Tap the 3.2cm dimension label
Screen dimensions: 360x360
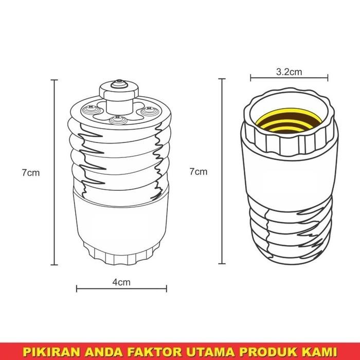289,72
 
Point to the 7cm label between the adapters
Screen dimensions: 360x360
199,171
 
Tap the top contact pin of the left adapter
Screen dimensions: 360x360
119,82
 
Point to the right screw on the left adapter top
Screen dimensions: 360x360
150,109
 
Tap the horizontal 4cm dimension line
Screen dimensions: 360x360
122,289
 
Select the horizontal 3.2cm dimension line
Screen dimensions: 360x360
289,79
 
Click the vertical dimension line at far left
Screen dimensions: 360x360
55,172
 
